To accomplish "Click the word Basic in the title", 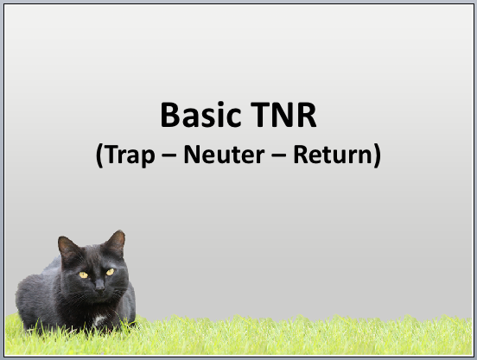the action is tap(200, 115).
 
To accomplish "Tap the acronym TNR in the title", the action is tap(283, 115).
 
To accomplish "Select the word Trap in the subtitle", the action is tap(130, 155).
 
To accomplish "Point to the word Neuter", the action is tap(224, 155).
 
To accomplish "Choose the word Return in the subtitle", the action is tap(333, 155).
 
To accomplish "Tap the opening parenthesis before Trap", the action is tap(99, 155).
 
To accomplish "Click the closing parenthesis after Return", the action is tap(377, 155).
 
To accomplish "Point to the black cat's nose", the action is tap(99, 287).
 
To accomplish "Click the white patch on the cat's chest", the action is tap(99, 319).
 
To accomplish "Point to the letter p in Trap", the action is tap(149, 158).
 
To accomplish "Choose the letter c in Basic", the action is tap(234, 118).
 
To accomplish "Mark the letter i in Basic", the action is tap(220, 115).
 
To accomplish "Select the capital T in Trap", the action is tap(112, 155).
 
